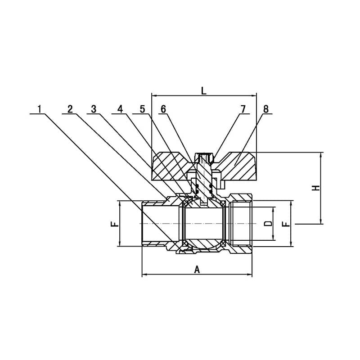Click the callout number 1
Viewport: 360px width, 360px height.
click(40, 109)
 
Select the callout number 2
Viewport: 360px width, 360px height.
click(70, 109)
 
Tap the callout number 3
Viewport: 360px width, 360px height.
click(94, 109)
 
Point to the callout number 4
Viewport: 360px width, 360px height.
click(120, 109)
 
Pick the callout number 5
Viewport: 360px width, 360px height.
click(142, 109)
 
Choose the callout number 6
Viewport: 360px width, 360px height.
click(163, 109)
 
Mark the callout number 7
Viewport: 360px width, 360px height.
click(243, 109)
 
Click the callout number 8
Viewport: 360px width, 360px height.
click(266, 109)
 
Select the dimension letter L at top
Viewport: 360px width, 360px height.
click(204, 91)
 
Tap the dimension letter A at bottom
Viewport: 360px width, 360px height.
click(197, 270)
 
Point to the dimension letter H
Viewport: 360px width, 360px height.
click(316, 188)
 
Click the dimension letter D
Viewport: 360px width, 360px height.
click(268, 223)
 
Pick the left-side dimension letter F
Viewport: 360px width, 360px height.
click(115, 224)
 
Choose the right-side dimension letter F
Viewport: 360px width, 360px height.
click(286, 224)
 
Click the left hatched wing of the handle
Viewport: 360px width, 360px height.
click(169, 166)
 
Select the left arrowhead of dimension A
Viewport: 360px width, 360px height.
click(144, 274)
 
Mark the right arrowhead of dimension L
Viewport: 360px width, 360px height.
click(253, 95)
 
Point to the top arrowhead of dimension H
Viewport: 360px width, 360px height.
click(321, 155)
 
